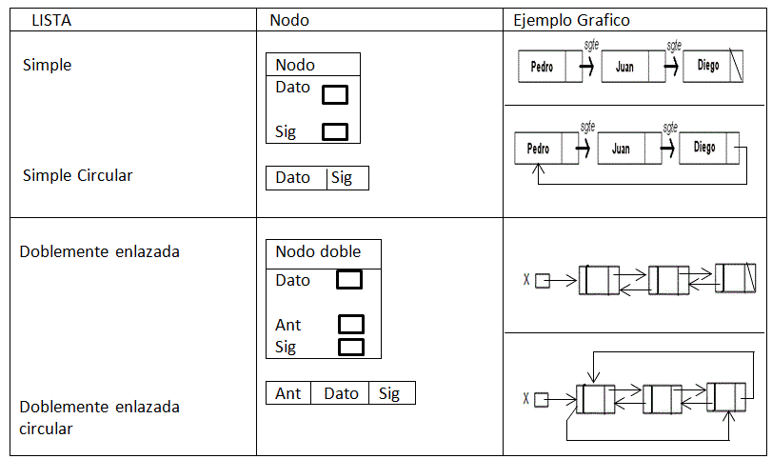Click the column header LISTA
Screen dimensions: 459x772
coord(53,20)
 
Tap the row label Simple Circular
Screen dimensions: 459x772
coord(78,175)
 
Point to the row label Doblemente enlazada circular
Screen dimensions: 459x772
coord(100,417)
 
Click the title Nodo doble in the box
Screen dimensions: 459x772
coord(318,251)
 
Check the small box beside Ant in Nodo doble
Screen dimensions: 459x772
coord(351,325)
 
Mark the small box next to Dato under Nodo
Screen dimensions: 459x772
coord(335,94)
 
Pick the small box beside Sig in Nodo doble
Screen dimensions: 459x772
coord(351,347)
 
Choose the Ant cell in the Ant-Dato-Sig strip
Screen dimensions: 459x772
coord(288,393)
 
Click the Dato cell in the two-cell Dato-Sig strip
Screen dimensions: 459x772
coord(293,177)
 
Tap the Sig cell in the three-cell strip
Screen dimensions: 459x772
coord(389,393)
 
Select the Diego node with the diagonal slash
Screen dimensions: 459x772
coord(713,67)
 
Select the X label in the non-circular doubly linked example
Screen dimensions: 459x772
coord(526,280)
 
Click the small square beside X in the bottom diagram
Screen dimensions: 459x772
coord(542,400)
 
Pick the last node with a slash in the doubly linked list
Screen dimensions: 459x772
coord(735,279)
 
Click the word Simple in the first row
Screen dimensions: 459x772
coord(47,66)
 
